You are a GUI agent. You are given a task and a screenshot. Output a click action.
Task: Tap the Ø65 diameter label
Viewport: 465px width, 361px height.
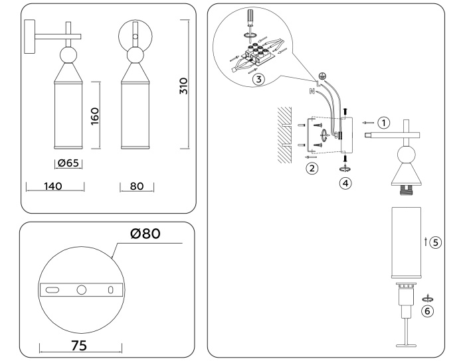68,163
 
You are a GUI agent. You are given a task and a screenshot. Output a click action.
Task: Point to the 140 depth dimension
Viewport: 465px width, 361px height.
54,186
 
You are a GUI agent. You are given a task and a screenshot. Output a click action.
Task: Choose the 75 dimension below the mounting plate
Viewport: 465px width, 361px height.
80,346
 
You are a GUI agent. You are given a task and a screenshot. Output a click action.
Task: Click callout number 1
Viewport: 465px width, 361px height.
383,123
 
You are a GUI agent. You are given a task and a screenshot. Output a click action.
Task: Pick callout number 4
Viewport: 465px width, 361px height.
345,182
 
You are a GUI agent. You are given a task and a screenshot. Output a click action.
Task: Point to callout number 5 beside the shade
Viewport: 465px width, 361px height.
435,242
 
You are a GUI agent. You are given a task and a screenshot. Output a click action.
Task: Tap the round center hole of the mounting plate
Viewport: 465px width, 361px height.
82,290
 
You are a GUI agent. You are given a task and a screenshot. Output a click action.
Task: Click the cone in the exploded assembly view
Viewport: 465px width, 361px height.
405,175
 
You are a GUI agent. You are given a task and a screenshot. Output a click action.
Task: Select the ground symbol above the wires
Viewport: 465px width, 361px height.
322,76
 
